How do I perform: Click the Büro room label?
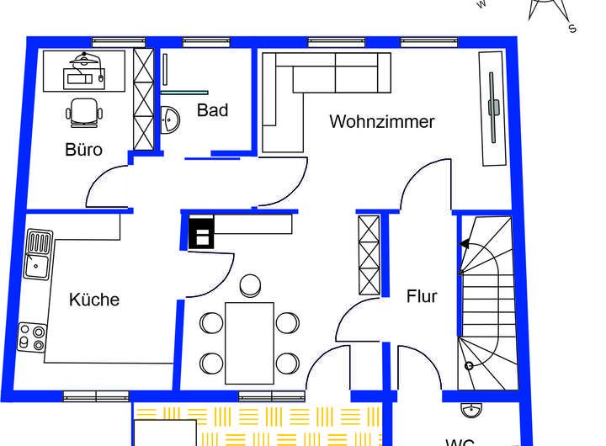coord(84,150)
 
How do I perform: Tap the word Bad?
coord(212,109)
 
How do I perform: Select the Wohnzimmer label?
coord(382,122)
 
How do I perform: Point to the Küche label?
coord(94,300)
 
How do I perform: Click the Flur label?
coord(422,296)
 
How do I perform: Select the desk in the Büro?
coord(85,69)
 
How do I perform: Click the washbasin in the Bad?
coord(171,119)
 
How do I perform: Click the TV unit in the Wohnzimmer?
coord(493,108)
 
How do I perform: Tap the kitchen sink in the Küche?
coord(38,254)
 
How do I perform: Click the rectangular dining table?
coord(249,342)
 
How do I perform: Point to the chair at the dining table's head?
coord(250,286)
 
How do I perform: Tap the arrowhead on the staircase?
coord(464,244)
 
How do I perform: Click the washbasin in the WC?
coord(472,411)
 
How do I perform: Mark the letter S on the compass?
coord(572,29)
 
